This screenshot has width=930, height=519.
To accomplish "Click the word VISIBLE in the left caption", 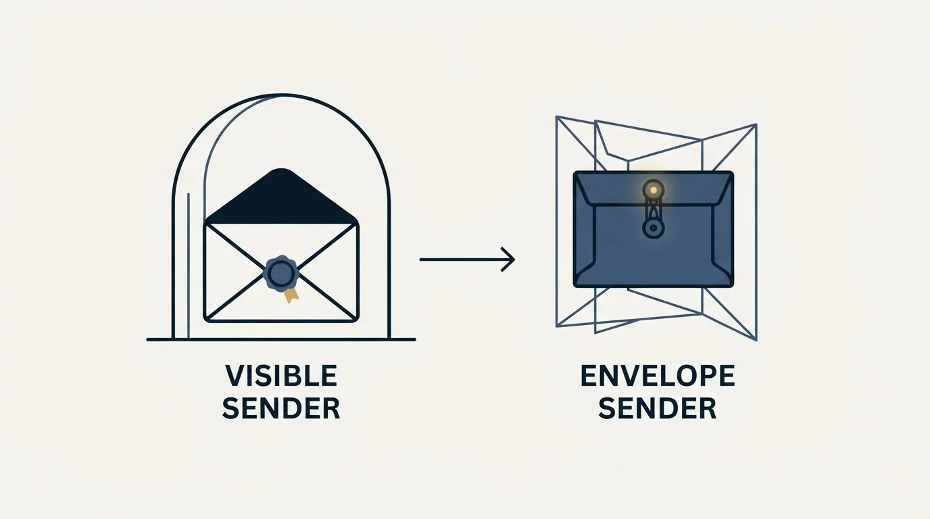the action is point(281,376).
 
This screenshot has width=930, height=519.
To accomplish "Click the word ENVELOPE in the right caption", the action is point(657,376).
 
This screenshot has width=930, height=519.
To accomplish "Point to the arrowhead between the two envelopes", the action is point(509,259).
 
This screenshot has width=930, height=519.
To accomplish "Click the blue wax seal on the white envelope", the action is point(281,272).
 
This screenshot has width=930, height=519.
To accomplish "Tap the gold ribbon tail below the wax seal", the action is point(291,295).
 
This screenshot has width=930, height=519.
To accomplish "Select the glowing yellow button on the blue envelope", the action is point(654,190).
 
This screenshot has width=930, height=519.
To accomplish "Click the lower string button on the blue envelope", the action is point(654,228).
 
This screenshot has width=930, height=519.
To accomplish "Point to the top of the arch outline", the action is point(281,95).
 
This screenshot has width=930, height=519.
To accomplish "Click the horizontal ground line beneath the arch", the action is point(281,340).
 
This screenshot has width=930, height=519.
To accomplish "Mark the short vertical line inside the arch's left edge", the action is point(189,266).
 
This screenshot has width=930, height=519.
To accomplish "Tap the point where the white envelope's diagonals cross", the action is point(281,272).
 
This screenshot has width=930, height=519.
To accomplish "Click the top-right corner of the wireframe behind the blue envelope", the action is point(756,124).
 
